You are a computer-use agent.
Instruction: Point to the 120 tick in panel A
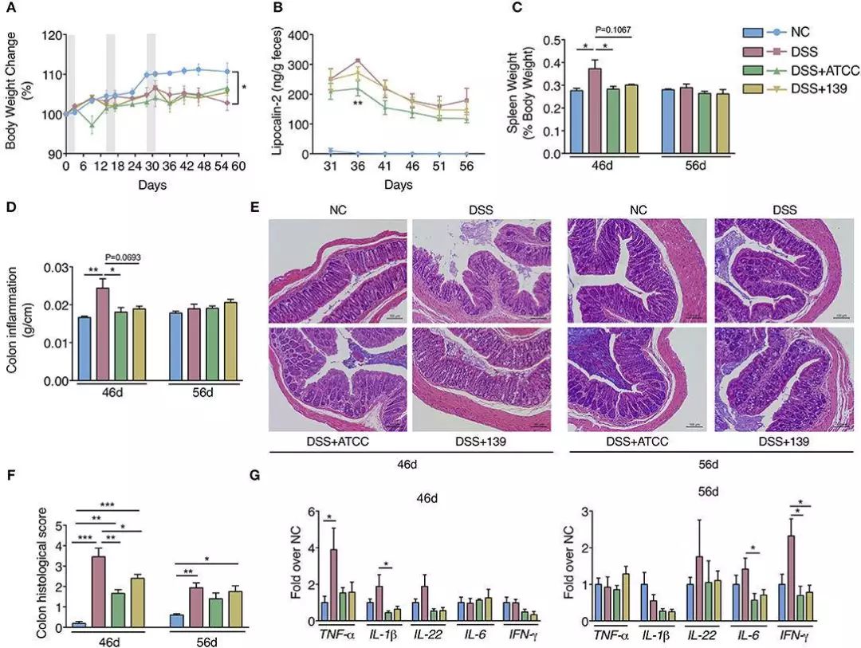click(51, 36)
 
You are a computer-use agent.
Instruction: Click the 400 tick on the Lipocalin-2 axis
click(295, 36)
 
